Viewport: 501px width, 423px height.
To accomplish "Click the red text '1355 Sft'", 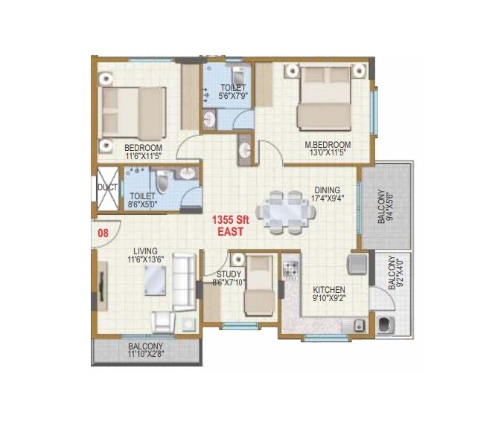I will pyautogui.click(x=232, y=220).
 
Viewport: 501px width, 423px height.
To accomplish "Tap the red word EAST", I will pyautogui.click(x=232, y=233).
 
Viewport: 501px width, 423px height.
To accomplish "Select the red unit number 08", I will pyautogui.click(x=103, y=232).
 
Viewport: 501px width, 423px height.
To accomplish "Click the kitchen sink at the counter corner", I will pyautogui.click(x=359, y=323).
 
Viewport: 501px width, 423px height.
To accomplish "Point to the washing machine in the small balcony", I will pyautogui.click(x=386, y=324).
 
